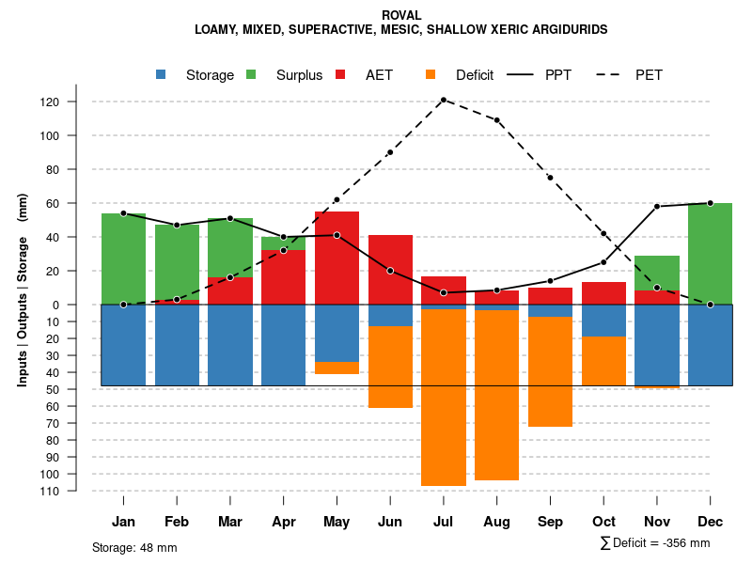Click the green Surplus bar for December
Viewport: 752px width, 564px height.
(x=710, y=254)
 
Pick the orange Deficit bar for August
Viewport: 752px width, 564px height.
(x=496, y=395)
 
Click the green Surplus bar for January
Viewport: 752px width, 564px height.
(x=123, y=258)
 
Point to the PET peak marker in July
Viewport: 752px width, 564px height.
(x=444, y=100)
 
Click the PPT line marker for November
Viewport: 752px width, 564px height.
(x=657, y=207)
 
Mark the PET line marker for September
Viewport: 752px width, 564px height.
(x=550, y=178)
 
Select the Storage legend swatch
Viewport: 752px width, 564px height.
(x=162, y=74)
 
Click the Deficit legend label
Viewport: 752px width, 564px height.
(x=475, y=75)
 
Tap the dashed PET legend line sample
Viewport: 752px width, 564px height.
(x=615, y=74)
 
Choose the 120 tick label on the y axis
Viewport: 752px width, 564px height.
(x=76, y=102)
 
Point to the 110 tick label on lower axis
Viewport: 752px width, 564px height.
(x=76, y=491)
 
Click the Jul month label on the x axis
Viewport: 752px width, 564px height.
(x=444, y=522)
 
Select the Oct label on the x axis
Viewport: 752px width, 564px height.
(x=603, y=522)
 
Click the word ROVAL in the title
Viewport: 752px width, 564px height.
(x=401, y=15)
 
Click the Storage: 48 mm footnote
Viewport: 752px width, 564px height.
(x=134, y=547)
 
